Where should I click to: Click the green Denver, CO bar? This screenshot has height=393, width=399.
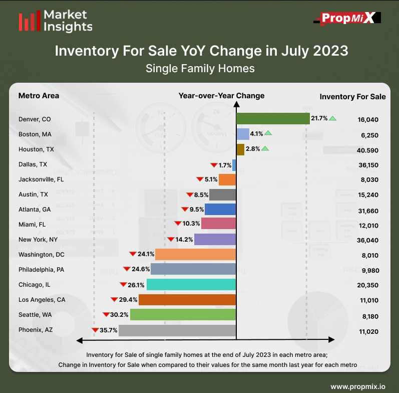point(272,118)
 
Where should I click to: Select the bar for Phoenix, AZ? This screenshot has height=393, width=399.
point(177,330)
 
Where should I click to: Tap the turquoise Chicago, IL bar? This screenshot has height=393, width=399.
point(191,285)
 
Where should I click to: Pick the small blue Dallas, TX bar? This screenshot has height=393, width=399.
point(234,164)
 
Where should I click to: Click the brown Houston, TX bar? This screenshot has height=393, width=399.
point(240,149)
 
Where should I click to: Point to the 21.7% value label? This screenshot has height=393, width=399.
point(319,118)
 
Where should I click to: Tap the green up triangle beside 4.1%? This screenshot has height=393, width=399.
point(268,133)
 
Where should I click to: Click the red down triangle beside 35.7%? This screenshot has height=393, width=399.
point(95,330)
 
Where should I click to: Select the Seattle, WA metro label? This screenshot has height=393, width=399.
point(35,315)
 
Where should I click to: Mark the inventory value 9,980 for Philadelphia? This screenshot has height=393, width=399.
point(369,271)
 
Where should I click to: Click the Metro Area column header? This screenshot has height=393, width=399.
point(39,96)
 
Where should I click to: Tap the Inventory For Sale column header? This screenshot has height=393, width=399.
point(352,96)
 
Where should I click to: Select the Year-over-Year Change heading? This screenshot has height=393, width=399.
point(221,95)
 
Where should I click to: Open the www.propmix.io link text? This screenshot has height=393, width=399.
point(357,386)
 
